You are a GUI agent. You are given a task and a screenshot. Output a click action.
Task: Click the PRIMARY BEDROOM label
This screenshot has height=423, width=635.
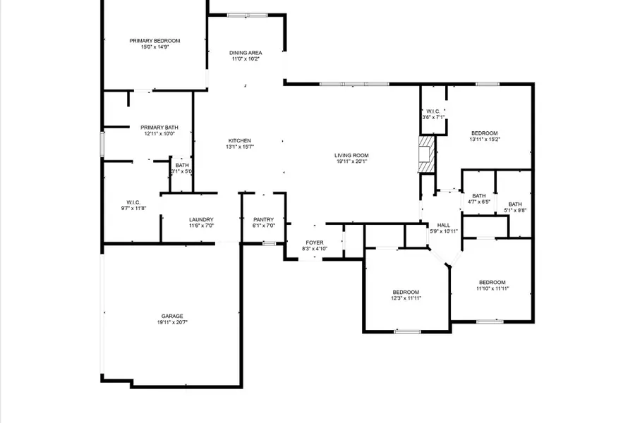coord(155,41)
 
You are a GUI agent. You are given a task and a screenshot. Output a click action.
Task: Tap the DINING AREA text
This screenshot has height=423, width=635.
coord(246,53)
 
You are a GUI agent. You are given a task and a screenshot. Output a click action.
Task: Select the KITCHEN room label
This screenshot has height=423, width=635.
coord(239,140)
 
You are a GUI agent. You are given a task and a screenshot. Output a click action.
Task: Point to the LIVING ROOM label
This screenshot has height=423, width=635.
coord(351,155)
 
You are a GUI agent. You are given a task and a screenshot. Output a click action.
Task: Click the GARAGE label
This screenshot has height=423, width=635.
coord(171,316)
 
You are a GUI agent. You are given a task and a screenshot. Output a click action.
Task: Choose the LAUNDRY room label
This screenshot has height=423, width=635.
coord(201,220)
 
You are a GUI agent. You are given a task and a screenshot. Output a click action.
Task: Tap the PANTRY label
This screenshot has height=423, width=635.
coord(263,220)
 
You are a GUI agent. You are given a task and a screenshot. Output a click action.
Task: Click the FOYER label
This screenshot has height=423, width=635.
coord(315,243)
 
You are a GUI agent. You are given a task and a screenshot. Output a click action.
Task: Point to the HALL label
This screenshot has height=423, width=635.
coord(444,226)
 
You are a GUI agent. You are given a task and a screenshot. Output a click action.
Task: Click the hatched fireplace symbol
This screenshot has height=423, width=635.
coord(425,153)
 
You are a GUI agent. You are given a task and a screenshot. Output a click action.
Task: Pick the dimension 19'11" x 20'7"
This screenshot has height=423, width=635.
coord(171,322)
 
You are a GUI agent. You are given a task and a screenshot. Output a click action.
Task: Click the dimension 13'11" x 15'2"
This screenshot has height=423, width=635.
coord(485,140)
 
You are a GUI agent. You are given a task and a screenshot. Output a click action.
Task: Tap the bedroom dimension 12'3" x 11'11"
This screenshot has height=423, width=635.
coord(406,299)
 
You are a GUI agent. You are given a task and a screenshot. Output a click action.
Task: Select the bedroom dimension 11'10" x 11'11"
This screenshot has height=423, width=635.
coord(492,288)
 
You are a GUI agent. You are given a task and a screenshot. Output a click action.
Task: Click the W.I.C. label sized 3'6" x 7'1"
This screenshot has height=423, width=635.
coord(433,111)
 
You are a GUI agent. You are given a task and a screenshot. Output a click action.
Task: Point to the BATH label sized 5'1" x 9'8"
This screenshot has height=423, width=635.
coord(515,204)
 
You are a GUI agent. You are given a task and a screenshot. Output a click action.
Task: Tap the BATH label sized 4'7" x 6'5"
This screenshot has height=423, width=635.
coord(479,196)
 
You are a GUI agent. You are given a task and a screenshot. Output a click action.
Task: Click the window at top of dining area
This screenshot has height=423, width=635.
coord(247,15)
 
